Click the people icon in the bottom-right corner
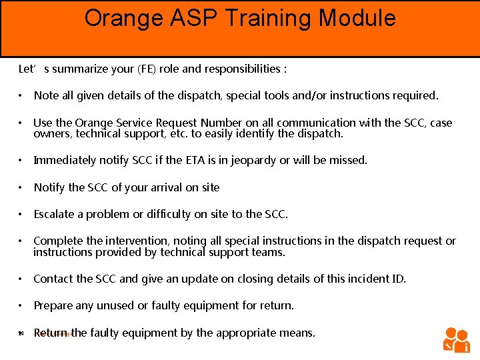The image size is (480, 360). [457, 339]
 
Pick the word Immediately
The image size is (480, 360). [66, 160]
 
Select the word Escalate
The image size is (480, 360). [55, 214]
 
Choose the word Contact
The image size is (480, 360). [53, 279]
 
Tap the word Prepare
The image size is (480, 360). [53, 305]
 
